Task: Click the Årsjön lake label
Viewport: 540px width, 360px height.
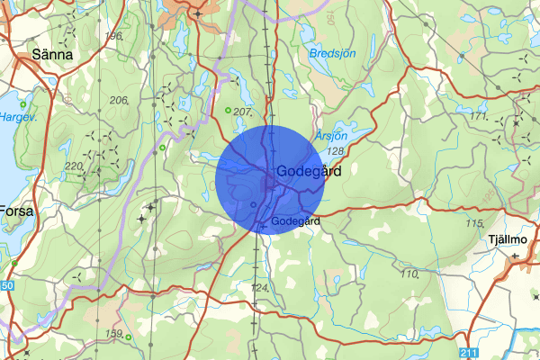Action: (331, 133)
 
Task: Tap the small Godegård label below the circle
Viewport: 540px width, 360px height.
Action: (294, 221)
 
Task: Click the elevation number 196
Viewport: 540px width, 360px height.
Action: (113, 36)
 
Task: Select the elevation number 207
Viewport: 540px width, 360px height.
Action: (242, 112)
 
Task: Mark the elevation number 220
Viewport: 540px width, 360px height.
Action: (74, 166)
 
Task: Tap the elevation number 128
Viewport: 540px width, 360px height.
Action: (337, 151)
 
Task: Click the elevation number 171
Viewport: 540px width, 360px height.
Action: (478, 117)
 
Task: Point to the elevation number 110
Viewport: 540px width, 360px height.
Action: (409, 274)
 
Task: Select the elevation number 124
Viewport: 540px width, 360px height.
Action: (260, 287)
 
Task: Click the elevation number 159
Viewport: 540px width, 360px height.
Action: (114, 334)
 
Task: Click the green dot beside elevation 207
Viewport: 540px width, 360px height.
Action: (227, 111)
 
